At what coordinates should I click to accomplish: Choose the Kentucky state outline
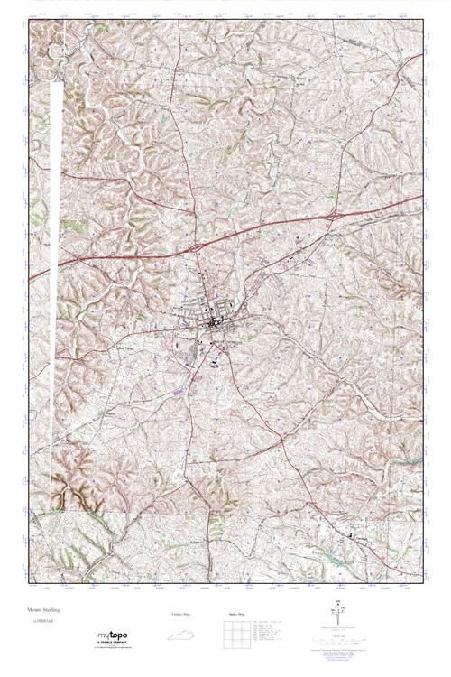coord(180,636)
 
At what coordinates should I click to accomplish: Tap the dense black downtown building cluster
coord(214,320)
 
